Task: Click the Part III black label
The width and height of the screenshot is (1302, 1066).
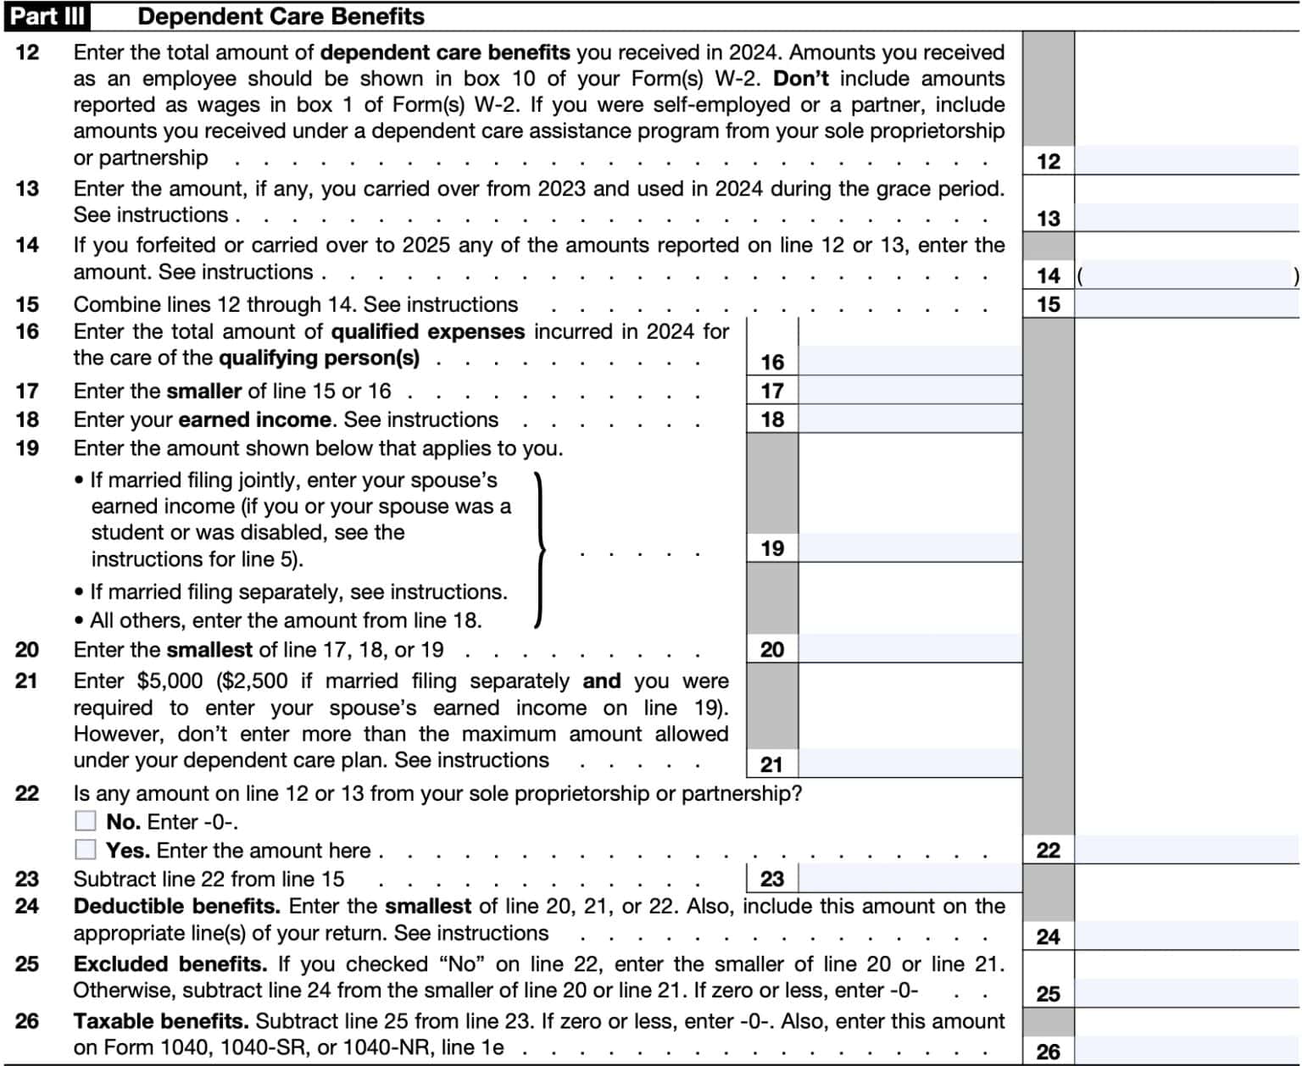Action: tap(47, 16)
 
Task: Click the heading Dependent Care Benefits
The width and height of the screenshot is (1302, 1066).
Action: tap(281, 16)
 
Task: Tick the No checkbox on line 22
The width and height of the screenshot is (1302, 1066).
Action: tap(86, 820)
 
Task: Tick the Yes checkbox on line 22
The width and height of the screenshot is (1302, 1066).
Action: tap(86, 849)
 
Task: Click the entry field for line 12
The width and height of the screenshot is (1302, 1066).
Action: tap(1187, 160)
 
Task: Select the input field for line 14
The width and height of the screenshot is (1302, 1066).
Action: tap(1187, 275)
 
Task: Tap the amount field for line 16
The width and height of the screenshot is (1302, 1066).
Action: tap(910, 361)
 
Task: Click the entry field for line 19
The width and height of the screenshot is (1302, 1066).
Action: tap(910, 547)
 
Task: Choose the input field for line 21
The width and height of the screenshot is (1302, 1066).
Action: tap(910, 763)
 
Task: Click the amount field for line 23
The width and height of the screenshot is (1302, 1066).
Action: tap(910, 878)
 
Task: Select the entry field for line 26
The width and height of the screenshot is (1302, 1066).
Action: tap(1187, 1051)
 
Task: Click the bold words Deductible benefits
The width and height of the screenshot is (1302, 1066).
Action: tap(176, 906)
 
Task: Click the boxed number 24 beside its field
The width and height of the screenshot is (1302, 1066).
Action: tap(1048, 936)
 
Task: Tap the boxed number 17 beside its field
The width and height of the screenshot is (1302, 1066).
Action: tap(771, 391)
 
